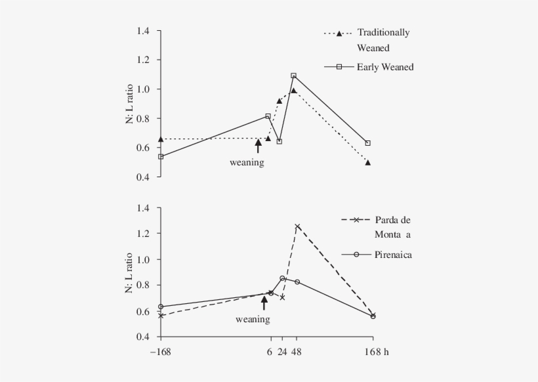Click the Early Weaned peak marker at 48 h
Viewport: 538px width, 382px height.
tap(293, 75)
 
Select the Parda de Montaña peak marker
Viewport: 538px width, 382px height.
tap(297, 226)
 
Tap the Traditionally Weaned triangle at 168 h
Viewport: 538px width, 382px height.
tap(367, 162)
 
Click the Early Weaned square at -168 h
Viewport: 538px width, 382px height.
tap(161, 156)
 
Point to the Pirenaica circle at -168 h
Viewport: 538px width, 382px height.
tap(161, 307)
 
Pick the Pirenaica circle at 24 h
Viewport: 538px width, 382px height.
tap(282, 278)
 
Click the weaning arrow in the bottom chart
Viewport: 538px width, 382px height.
tap(264, 303)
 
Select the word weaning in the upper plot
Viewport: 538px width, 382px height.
tap(247, 162)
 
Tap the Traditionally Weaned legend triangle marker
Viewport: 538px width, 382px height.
tap(339, 33)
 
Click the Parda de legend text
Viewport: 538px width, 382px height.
tap(392, 220)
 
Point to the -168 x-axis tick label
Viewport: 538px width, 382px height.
tap(159, 352)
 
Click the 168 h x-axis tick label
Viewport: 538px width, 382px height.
tap(377, 352)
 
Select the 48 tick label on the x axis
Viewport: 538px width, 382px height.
tap(297, 352)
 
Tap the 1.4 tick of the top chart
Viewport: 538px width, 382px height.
tap(144, 31)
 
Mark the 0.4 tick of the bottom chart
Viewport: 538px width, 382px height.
tap(144, 337)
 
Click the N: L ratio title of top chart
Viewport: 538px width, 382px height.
tap(129, 104)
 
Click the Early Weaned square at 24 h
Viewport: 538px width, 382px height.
tap(279, 141)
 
